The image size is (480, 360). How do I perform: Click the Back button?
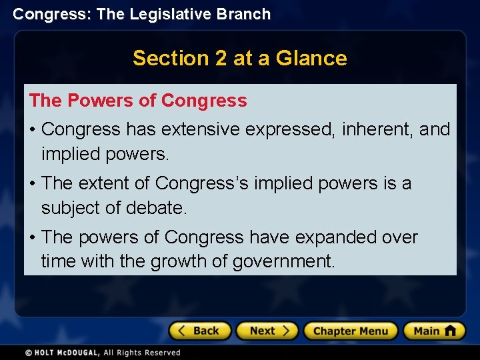click(x=200, y=331)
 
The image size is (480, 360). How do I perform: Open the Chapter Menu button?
click(x=350, y=331)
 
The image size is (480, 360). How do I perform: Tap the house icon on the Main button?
click(x=450, y=331)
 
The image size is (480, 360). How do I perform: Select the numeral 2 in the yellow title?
click(x=221, y=58)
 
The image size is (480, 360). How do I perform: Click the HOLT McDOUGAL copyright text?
click(x=103, y=353)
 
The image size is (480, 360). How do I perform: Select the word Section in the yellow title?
click(x=171, y=58)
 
